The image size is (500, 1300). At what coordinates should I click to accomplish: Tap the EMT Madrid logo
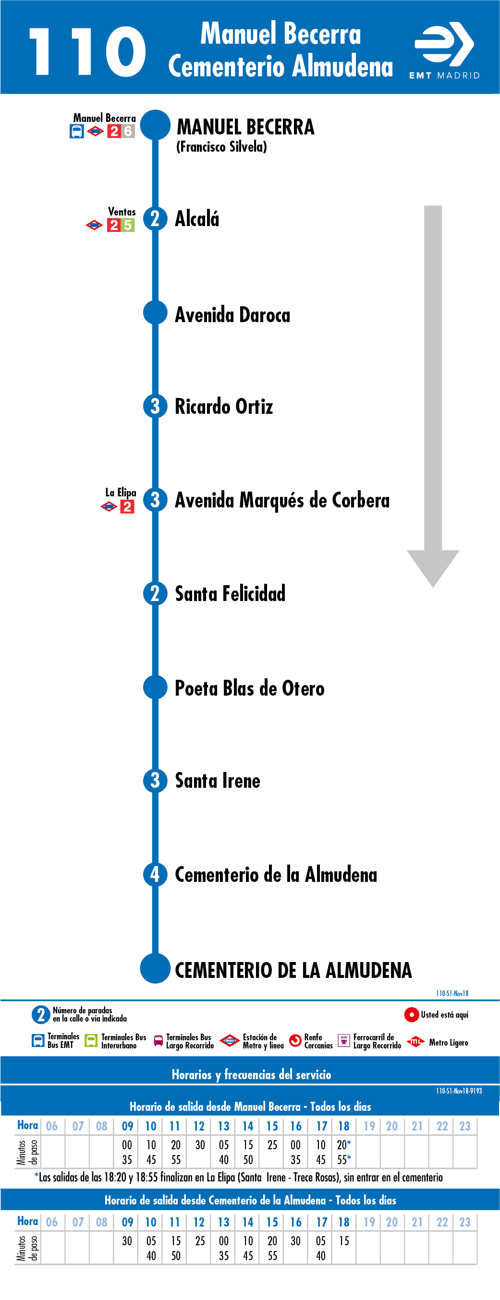[x=444, y=50]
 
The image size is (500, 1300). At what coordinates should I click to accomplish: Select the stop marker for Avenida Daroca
[x=155, y=313]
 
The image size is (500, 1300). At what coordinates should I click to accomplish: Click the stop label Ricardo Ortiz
[x=224, y=407]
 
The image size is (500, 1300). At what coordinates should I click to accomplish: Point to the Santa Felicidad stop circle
[x=155, y=593]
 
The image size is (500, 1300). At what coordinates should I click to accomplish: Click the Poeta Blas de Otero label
[x=249, y=688]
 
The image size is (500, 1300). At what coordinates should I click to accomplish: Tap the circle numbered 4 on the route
[x=155, y=875]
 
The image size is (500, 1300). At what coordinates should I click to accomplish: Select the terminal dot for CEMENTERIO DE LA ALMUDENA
[x=155, y=968]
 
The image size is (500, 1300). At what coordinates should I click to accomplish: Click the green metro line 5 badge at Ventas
[x=128, y=225]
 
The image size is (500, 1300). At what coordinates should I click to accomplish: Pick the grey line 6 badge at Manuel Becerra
[x=128, y=131]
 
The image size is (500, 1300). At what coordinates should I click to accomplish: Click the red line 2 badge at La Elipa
[x=127, y=506]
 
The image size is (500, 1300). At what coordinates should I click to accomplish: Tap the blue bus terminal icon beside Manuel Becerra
[x=77, y=131]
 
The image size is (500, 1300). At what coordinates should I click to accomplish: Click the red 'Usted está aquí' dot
[x=412, y=1014]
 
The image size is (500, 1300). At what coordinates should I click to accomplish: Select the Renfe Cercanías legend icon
[x=295, y=1041]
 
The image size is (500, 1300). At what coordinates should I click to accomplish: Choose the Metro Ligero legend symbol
[x=415, y=1041]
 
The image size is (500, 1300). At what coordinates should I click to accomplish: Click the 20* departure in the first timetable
[x=344, y=1144]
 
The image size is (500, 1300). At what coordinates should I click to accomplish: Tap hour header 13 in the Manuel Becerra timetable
[x=224, y=1126]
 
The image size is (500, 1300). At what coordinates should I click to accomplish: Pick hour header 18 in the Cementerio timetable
[x=344, y=1222]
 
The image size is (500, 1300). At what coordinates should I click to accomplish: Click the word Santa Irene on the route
[x=218, y=781]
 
